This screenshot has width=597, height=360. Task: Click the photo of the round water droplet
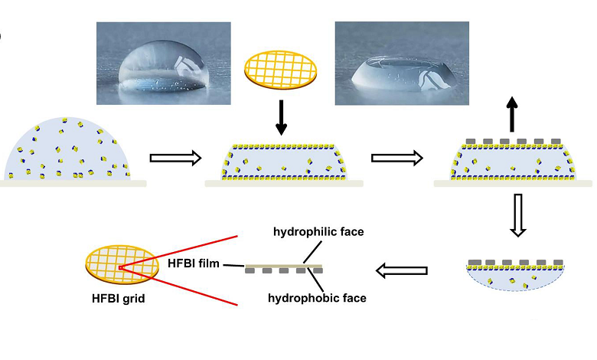pyautogui.click(x=163, y=63)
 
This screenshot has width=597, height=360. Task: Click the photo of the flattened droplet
pyautogui.click(x=401, y=63)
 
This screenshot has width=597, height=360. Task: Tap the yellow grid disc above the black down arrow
pyautogui.click(x=281, y=66)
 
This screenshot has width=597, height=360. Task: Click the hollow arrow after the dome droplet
pyautogui.click(x=175, y=158)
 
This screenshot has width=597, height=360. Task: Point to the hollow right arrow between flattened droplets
pyautogui.click(x=396, y=158)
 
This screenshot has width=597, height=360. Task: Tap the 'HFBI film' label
pyautogui.click(x=194, y=263)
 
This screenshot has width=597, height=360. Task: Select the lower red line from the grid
pyautogui.click(x=181, y=286)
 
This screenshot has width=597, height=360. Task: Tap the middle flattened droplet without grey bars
pyautogui.click(x=282, y=162)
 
